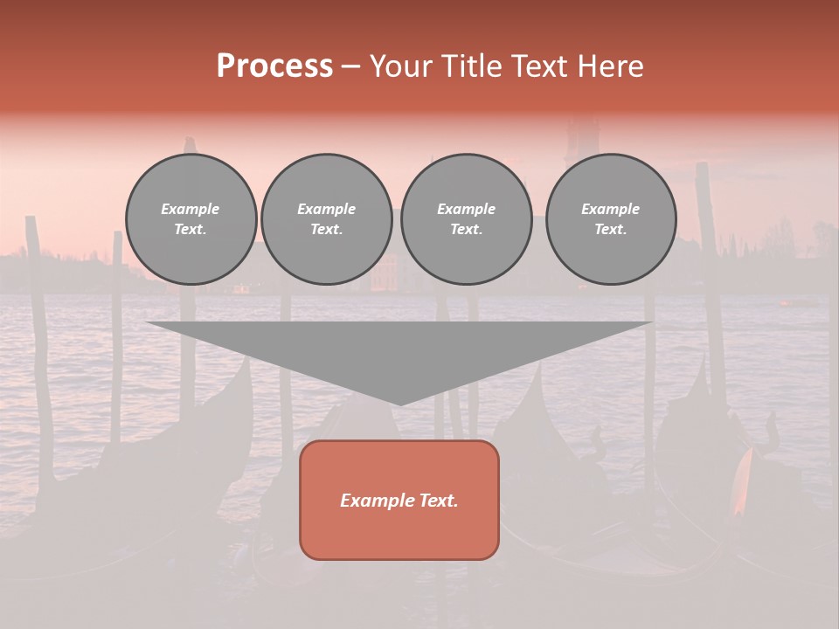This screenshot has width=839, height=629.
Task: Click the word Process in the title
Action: [274, 66]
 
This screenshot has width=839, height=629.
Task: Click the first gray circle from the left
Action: [191, 219]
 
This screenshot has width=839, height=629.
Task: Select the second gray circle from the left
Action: [327, 219]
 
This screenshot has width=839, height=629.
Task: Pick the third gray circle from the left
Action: [466, 219]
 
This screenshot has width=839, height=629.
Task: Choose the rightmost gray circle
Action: [611, 219]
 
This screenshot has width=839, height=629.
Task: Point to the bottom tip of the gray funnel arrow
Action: [399, 404]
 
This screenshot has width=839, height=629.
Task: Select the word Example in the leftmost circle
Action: [191, 209]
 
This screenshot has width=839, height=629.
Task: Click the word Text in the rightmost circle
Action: [610, 230]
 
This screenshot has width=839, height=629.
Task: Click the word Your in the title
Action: [401, 66]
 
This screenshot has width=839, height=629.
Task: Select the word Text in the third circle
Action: [466, 230]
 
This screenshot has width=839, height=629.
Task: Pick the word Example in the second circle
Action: [327, 209]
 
